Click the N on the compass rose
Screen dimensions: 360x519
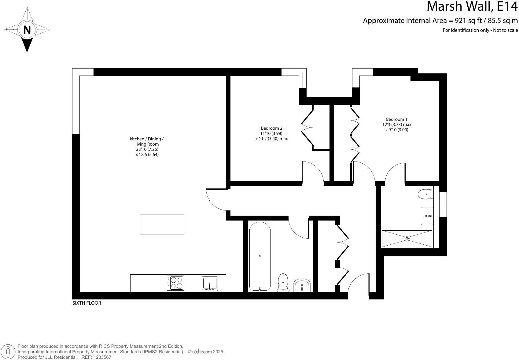pyautogui.click(x=27, y=30)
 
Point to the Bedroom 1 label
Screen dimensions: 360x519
pyautogui.click(x=396, y=119)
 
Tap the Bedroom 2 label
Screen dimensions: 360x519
pyautogui.click(x=271, y=128)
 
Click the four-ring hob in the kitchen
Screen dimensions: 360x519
pyautogui.click(x=175, y=283)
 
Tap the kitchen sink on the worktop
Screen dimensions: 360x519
pyautogui.click(x=210, y=284)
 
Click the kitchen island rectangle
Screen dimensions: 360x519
pyautogui.click(x=162, y=225)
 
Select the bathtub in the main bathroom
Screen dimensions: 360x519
pyautogui.click(x=260, y=256)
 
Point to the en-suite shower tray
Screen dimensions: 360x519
pyautogui.click(x=407, y=239)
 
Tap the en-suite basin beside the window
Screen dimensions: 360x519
pyautogui.click(x=427, y=216)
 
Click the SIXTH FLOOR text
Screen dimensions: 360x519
pyautogui.click(x=86, y=303)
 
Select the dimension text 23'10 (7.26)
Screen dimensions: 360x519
pyautogui.click(x=147, y=149)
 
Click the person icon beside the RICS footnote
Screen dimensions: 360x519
pyautogui.click(x=10, y=352)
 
